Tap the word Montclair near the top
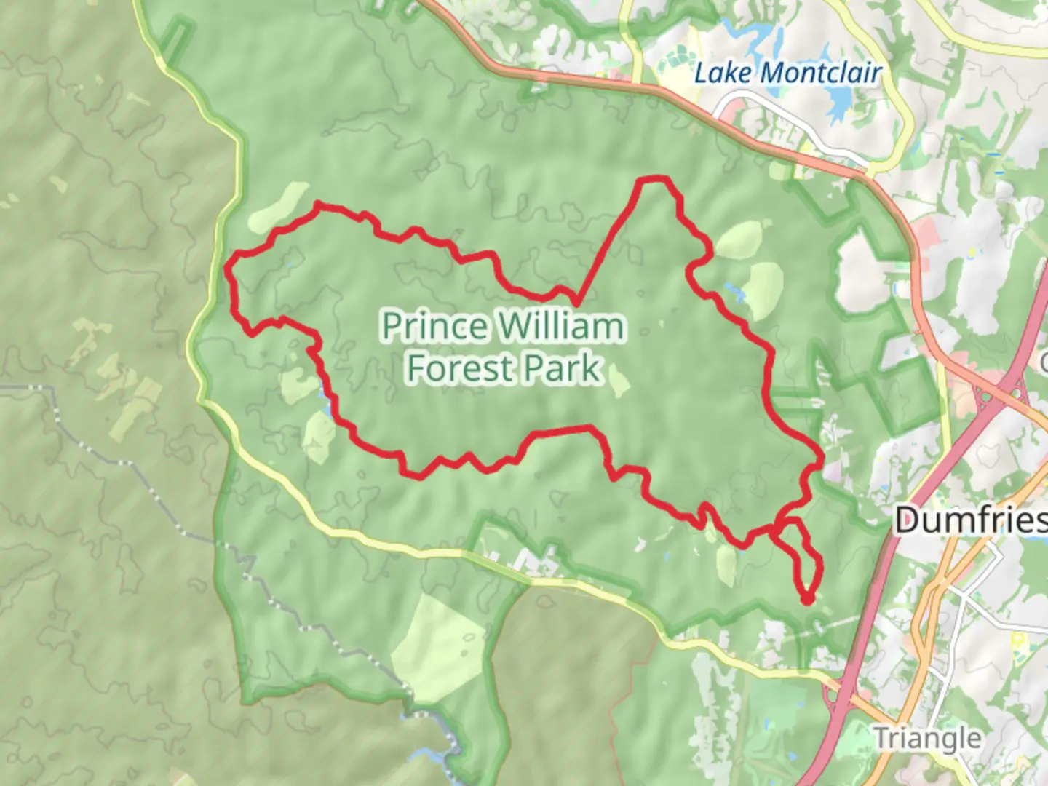(823, 73)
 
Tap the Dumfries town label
(971, 520)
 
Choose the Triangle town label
(926, 738)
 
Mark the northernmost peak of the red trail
(653, 178)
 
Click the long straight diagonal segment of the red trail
(608, 240)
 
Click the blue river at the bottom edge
(440, 735)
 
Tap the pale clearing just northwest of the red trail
(280, 206)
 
